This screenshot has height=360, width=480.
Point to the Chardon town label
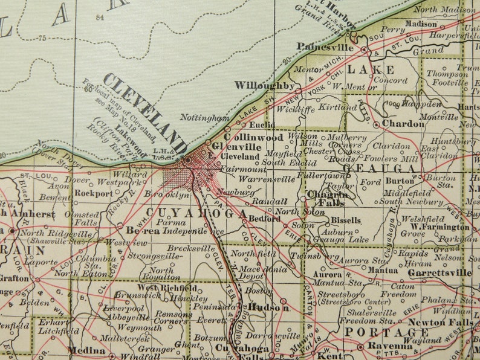(x=403, y=124)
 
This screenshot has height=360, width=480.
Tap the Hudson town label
(x=268, y=307)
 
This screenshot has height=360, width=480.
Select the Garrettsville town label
(x=439, y=272)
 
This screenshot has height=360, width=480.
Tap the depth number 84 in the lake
(x=100, y=18)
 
